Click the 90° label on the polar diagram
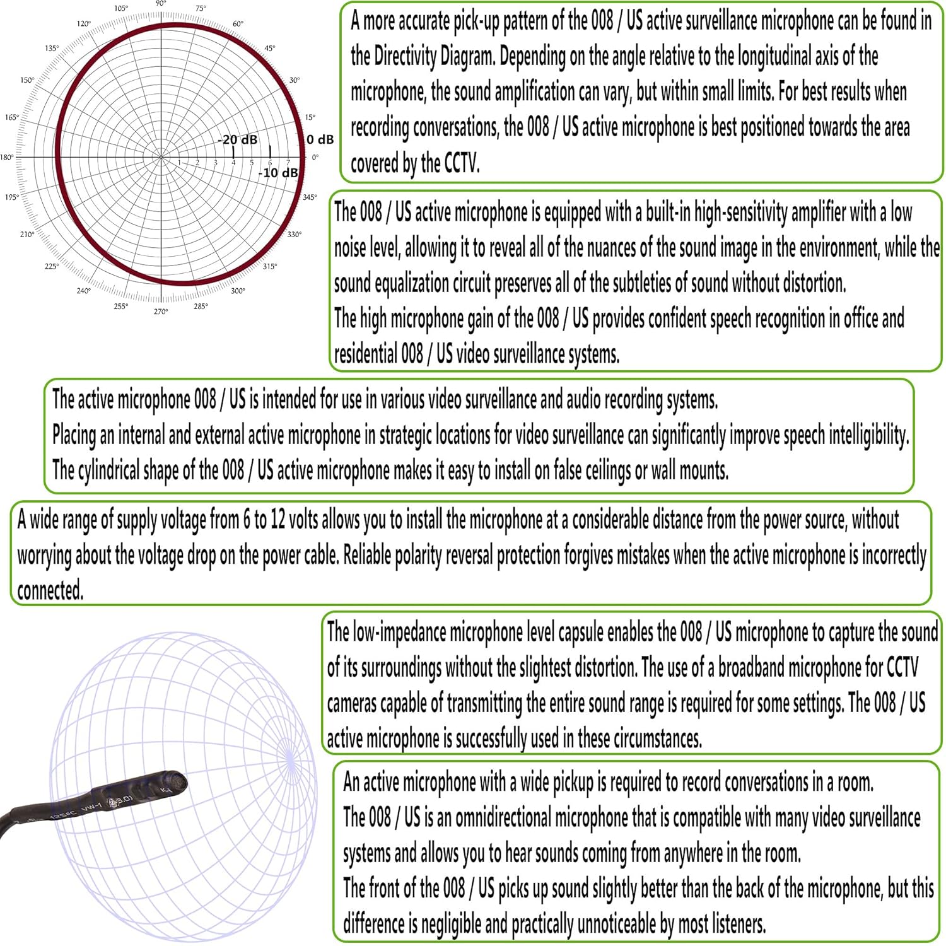[161, 4]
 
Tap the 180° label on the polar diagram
[6, 157]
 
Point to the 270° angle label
[161, 312]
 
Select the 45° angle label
[270, 49]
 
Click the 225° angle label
[52, 266]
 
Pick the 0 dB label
[320, 139]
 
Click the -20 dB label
[238, 139]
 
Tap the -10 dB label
[278, 172]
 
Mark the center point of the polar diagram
[161, 156]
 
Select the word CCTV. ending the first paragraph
[462, 163]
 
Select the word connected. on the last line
[50, 590]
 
